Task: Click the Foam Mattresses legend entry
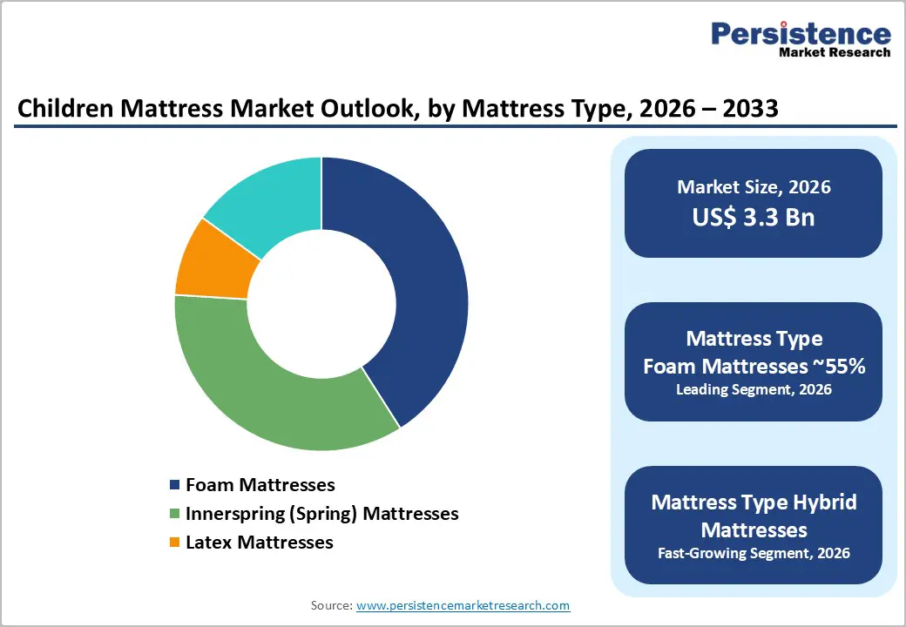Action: click(260, 485)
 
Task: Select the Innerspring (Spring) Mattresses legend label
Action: click(321, 514)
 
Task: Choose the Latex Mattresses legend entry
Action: click(259, 543)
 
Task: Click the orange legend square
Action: click(175, 543)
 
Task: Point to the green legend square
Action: click(175, 514)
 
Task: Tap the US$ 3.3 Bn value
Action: click(754, 217)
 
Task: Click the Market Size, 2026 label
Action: click(754, 187)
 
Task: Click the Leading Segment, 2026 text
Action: click(754, 390)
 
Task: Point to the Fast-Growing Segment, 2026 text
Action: click(754, 553)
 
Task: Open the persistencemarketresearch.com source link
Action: click(463, 605)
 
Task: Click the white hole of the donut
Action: click(321, 304)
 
